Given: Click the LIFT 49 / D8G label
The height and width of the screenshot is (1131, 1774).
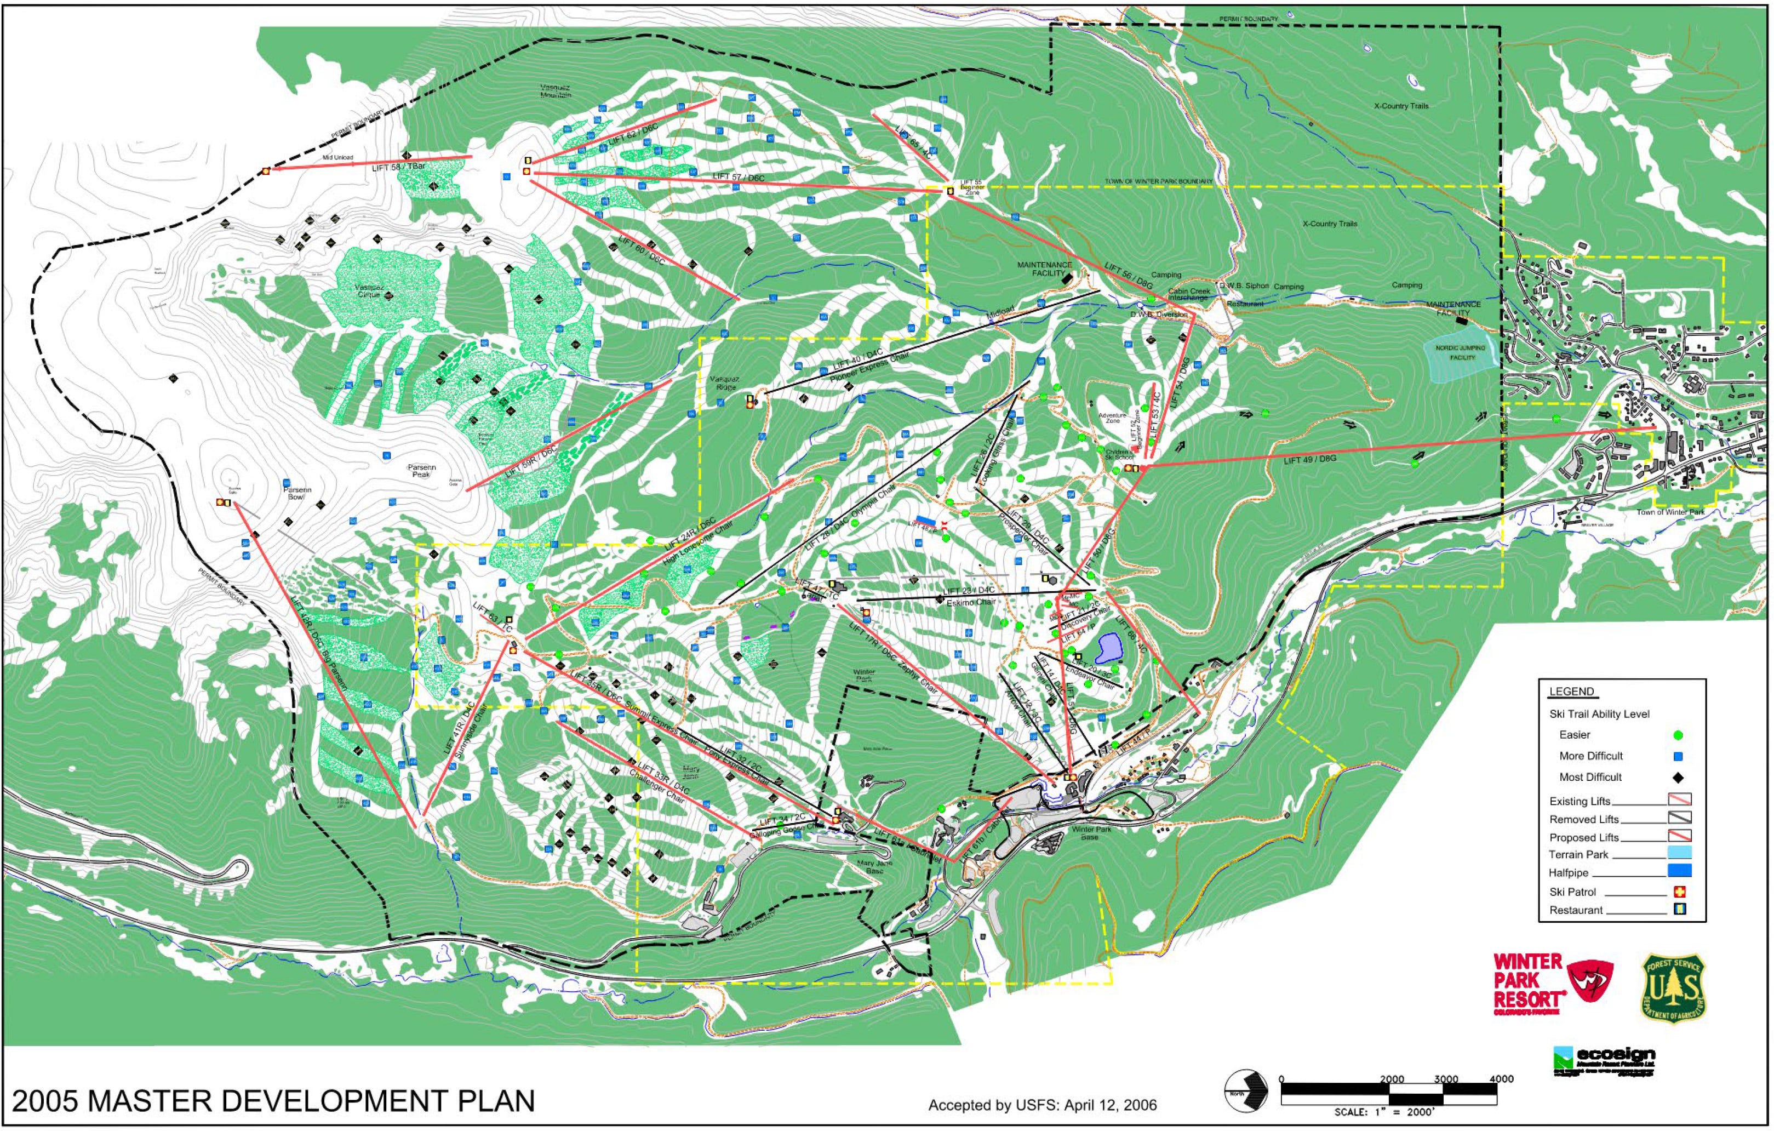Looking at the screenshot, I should point(1309,460).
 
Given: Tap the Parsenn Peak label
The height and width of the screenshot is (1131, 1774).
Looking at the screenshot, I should point(421,471).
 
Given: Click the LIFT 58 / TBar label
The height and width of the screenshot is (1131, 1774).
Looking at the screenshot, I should point(398,167).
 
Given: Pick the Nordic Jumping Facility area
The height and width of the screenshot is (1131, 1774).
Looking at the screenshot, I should point(1462,353).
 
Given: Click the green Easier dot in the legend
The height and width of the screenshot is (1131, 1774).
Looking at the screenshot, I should point(1678,735).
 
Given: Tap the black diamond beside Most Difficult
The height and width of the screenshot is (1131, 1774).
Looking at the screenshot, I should point(1678,778).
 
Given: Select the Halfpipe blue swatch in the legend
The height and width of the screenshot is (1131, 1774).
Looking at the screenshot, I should point(1679,871).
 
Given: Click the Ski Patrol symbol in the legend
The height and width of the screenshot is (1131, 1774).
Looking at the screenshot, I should point(1680,892).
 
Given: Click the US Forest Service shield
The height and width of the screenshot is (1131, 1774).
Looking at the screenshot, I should point(1673,988).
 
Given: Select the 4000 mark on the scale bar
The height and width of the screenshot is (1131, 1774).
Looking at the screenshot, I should point(1501,1079).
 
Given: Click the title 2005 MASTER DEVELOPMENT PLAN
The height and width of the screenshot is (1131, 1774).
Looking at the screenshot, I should point(273,1101).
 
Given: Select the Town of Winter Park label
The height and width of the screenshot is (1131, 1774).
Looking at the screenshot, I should point(1670,512).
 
